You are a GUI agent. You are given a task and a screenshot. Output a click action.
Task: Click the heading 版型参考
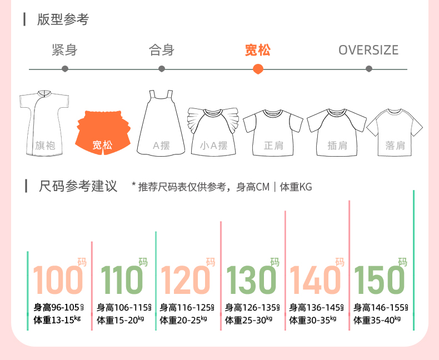click(x=63, y=20)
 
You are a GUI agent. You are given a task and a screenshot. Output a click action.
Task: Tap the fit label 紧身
click(x=64, y=50)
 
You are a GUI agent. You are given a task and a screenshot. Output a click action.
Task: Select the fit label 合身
click(x=162, y=50)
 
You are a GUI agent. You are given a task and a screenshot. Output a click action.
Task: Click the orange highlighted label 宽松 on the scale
click(x=258, y=50)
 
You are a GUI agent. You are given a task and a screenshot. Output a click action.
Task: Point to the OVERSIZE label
click(x=368, y=50)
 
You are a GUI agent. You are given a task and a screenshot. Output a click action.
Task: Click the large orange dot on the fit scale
click(x=258, y=69)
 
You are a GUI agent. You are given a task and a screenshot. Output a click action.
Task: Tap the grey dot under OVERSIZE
click(x=369, y=69)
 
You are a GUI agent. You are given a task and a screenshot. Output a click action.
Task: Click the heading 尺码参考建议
click(x=78, y=186)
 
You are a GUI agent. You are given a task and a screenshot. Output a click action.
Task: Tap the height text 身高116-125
click(x=187, y=307)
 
